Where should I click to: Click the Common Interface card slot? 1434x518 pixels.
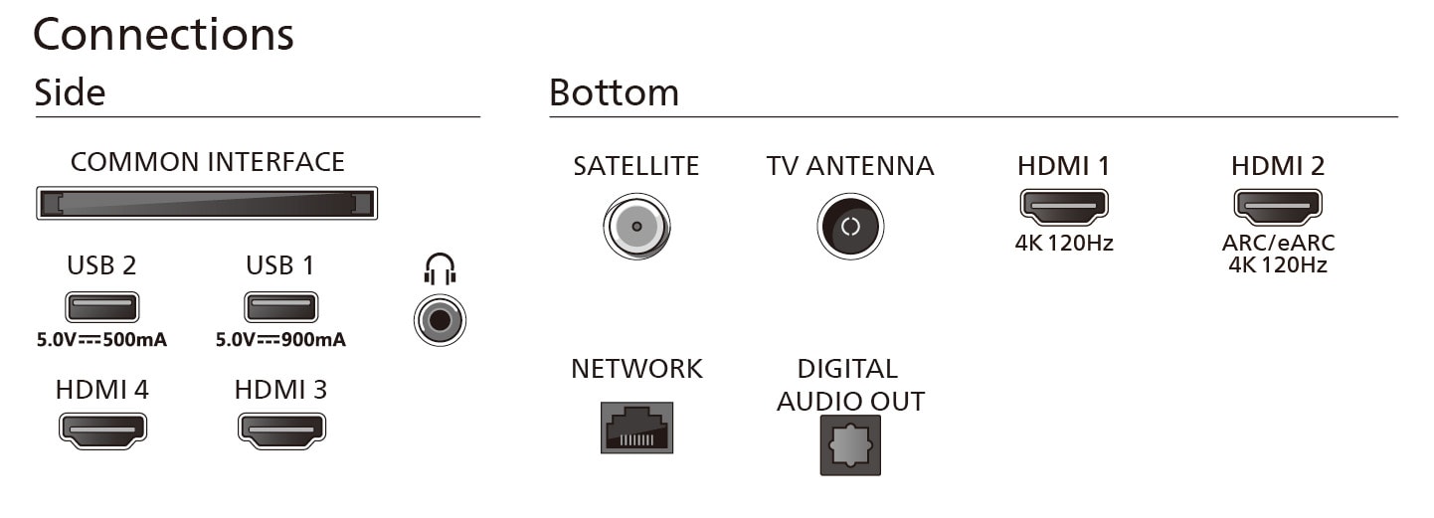(x=207, y=204)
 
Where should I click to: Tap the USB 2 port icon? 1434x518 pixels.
(x=101, y=306)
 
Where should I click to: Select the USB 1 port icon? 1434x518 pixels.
(x=280, y=306)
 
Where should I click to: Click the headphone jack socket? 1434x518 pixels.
(x=440, y=320)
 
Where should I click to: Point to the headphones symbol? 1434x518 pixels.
(x=440, y=268)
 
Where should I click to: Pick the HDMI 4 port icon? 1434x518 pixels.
(x=102, y=431)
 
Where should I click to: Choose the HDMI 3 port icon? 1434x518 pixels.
(x=281, y=431)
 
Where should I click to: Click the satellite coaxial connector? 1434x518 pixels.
(x=636, y=226)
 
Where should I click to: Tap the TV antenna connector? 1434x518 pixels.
(x=850, y=226)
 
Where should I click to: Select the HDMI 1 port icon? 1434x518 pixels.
(x=1063, y=207)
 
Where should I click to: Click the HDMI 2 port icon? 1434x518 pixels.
(x=1278, y=207)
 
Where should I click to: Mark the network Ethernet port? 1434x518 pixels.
(x=636, y=428)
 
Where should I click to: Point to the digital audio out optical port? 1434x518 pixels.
(x=850, y=445)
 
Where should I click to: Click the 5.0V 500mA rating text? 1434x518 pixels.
(x=101, y=339)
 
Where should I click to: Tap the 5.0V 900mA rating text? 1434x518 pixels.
(x=280, y=339)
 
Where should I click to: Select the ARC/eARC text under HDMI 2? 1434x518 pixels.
(x=1279, y=243)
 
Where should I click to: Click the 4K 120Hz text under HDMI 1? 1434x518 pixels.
(x=1064, y=243)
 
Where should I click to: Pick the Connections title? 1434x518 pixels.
(x=163, y=34)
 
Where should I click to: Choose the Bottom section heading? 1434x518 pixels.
(x=614, y=92)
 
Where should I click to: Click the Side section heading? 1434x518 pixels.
(x=70, y=92)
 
